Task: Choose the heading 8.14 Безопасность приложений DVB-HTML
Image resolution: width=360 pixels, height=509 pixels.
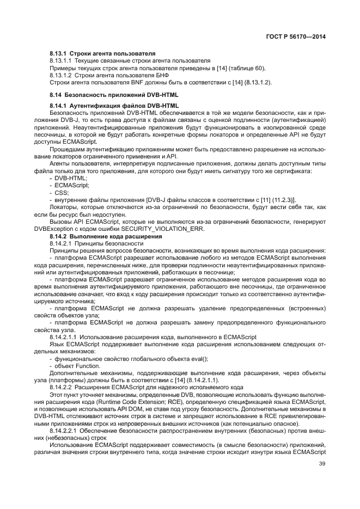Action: tap(114, 95)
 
